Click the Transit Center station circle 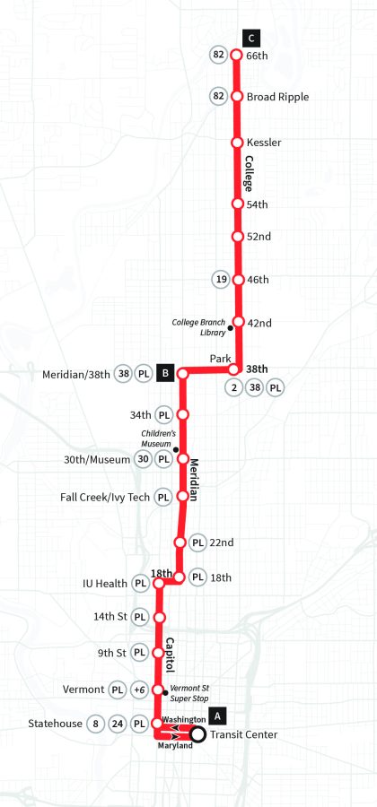197,735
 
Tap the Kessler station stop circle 238,143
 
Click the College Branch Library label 197,326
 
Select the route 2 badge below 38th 235,388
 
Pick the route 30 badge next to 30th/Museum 143,459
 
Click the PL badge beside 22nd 198,542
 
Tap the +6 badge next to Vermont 139,690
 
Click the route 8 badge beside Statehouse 96,723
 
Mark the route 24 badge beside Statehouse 118,723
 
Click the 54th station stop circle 238,204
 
